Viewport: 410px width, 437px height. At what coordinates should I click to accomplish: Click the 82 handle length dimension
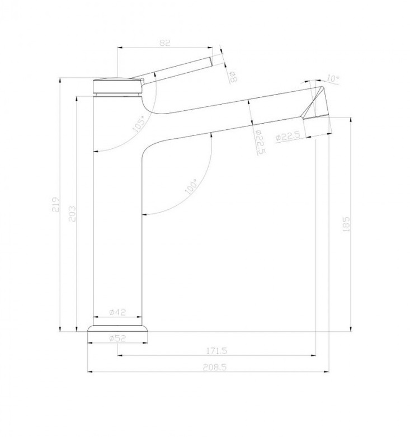coord(164,43)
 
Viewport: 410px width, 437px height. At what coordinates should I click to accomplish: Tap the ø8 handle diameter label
coord(233,76)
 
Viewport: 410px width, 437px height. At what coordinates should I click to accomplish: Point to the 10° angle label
coord(332,78)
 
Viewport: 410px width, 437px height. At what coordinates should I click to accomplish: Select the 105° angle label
coord(139,124)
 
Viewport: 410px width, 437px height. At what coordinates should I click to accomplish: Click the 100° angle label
coord(191,186)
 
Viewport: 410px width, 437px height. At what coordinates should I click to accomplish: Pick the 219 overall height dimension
coord(55,204)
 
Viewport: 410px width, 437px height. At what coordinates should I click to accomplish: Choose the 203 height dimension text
coord(72,214)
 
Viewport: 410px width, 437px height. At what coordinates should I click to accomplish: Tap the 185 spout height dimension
coord(346,224)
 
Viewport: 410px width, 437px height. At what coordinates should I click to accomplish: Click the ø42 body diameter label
coord(117,312)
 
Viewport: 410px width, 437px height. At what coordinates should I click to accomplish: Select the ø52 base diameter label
coord(117,338)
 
